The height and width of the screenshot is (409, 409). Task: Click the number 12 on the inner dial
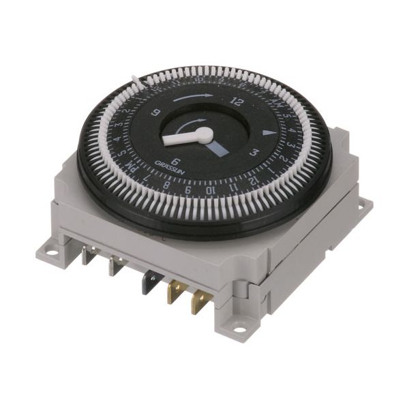coord(237,102)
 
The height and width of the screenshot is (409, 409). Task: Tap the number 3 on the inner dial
coord(253,153)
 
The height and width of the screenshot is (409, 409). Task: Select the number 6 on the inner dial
coord(175,162)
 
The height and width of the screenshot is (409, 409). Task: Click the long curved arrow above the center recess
coord(192,97)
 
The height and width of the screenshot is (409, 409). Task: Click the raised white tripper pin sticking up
coord(138,82)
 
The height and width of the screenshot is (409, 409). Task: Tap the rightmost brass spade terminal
coord(200,301)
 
